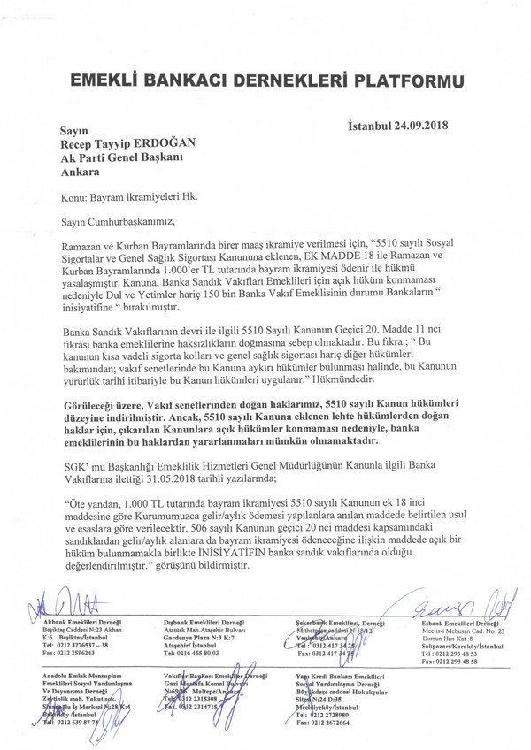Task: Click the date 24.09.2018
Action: (x=416, y=125)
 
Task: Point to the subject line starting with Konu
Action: (x=125, y=199)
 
